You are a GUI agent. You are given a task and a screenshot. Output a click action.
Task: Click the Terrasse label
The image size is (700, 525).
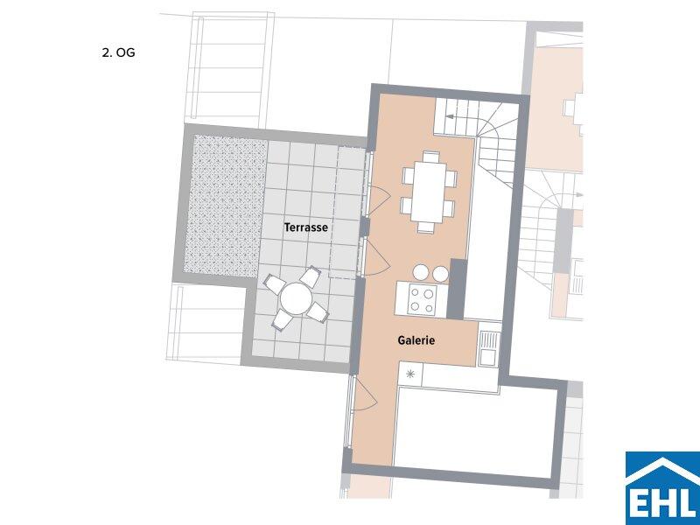point(306,227)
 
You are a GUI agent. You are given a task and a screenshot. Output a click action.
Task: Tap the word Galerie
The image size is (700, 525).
point(416,340)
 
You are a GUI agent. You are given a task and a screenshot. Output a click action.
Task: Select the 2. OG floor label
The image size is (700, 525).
point(118,52)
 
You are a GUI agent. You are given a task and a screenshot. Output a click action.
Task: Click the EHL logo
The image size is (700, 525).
point(662,488)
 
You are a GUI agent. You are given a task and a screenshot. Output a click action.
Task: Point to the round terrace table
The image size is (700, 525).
point(296,298)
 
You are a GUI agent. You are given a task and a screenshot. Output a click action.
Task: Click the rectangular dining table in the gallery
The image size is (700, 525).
point(429,191)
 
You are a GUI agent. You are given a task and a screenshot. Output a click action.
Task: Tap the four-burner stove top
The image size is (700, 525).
point(422,300)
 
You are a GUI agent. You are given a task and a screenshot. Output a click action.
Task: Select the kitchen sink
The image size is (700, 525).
point(489,348)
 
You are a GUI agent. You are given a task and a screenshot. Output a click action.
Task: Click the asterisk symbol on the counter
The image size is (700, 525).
point(409,374)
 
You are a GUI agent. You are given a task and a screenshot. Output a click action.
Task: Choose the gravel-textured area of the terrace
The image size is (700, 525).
point(226,206)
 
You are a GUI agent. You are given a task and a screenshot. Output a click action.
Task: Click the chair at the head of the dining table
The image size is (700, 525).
point(430,157)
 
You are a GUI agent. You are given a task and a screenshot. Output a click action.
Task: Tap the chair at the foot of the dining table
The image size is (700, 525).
point(426,227)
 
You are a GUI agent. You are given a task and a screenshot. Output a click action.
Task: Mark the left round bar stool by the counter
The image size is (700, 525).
point(421,273)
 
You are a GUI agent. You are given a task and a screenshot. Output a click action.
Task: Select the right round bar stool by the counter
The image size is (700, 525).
point(440,274)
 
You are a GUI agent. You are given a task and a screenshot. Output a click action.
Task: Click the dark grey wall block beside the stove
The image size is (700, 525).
point(457,289)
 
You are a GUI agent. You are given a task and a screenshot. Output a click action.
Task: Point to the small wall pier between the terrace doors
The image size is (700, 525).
point(364,227)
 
